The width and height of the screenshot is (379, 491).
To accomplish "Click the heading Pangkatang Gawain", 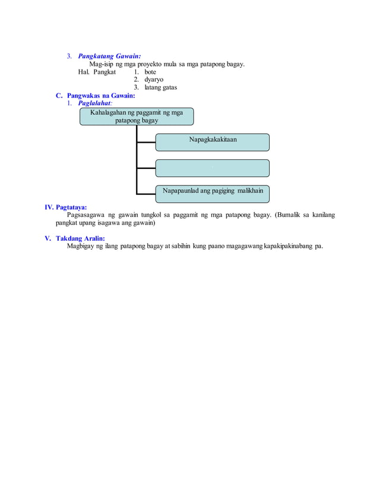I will [x=109, y=56].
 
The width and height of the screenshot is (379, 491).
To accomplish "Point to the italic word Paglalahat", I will [x=94, y=103].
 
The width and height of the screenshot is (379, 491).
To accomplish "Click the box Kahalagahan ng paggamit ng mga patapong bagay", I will [x=137, y=116].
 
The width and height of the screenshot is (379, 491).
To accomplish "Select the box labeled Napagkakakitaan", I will [x=212, y=142].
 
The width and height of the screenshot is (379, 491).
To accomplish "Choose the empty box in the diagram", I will [x=212, y=168].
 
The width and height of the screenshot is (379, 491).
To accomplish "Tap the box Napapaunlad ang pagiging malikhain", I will [x=212, y=191].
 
